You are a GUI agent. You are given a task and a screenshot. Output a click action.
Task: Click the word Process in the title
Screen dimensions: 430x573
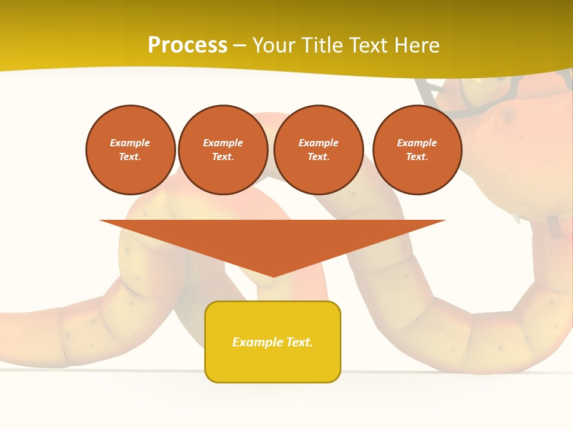tap(187, 45)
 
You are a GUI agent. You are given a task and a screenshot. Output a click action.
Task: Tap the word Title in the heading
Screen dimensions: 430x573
tap(319, 45)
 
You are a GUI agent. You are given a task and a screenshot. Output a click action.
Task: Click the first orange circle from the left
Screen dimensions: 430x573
tap(131, 150)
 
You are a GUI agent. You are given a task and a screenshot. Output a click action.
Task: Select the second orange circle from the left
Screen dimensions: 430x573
tap(223, 150)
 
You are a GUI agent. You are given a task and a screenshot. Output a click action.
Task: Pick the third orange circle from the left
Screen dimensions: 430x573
tap(319, 150)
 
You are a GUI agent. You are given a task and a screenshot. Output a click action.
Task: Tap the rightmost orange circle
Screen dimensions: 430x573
tap(417, 150)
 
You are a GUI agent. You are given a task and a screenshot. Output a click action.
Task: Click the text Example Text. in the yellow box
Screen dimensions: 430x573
tap(273, 342)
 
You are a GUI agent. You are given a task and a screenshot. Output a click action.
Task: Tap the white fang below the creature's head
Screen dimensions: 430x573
tap(517, 218)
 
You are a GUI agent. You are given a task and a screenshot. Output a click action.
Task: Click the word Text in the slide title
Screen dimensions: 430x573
tap(367, 45)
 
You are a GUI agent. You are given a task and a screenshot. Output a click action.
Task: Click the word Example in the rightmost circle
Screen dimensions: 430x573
tap(417, 143)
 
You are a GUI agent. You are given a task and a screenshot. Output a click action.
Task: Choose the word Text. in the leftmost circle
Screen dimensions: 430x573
tap(130, 156)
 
